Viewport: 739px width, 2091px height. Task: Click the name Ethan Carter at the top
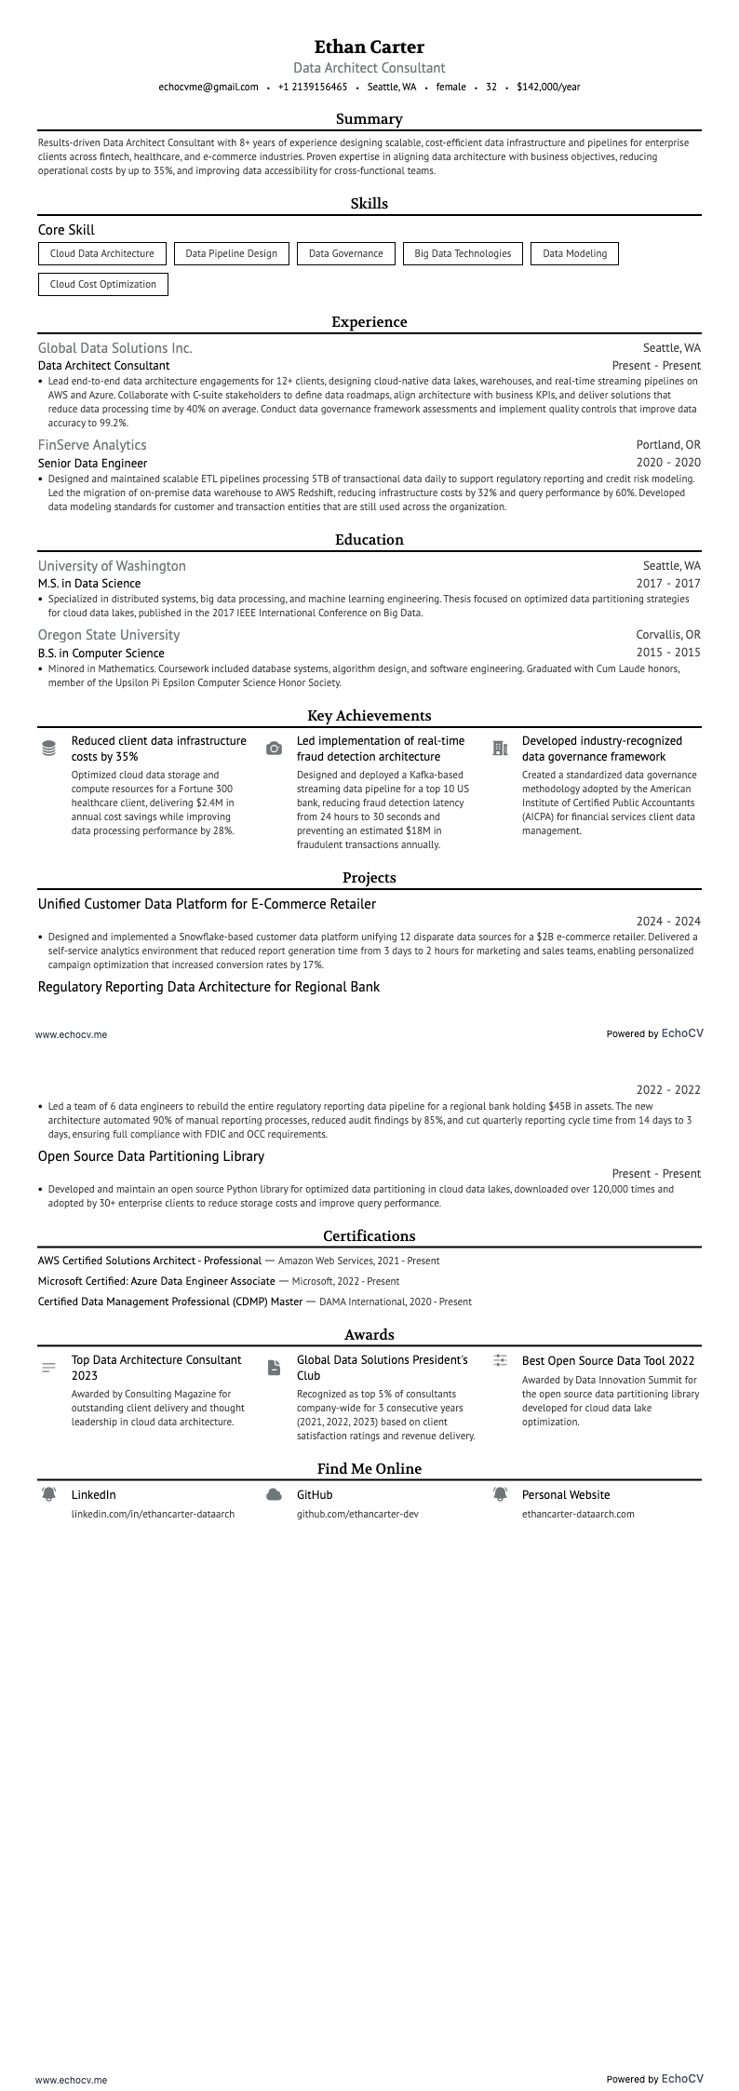(x=369, y=47)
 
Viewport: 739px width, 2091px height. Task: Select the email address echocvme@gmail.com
(x=208, y=87)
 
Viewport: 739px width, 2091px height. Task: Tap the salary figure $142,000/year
(x=548, y=87)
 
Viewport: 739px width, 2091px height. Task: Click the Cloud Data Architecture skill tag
(x=102, y=253)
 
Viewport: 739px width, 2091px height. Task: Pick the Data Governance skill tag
(x=345, y=253)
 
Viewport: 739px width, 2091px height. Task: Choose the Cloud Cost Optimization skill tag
(x=103, y=284)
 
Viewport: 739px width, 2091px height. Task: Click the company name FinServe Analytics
(x=92, y=445)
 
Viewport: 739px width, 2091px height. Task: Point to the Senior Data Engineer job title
(x=92, y=463)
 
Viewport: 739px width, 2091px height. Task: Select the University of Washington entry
(x=112, y=566)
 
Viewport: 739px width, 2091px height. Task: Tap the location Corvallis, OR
(x=668, y=635)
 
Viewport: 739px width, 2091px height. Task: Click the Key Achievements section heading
(x=369, y=715)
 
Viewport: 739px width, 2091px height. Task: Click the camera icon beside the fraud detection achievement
(x=274, y=749)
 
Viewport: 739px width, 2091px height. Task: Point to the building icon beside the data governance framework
(x=500, y=748)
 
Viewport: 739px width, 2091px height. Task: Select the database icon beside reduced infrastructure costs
(x=49, y=749)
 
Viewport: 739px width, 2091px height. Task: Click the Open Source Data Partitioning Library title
(x=151, y=1156)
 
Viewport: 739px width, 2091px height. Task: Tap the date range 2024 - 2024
(x=668, y=922)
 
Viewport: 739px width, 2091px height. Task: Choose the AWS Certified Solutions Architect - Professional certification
(x=150, y=1261)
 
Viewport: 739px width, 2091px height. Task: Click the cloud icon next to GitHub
(x=274, y=1494)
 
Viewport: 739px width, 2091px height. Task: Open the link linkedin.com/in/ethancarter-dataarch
(x=153, y=1514)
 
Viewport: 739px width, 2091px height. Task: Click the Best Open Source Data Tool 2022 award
(x=608, y=1360)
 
